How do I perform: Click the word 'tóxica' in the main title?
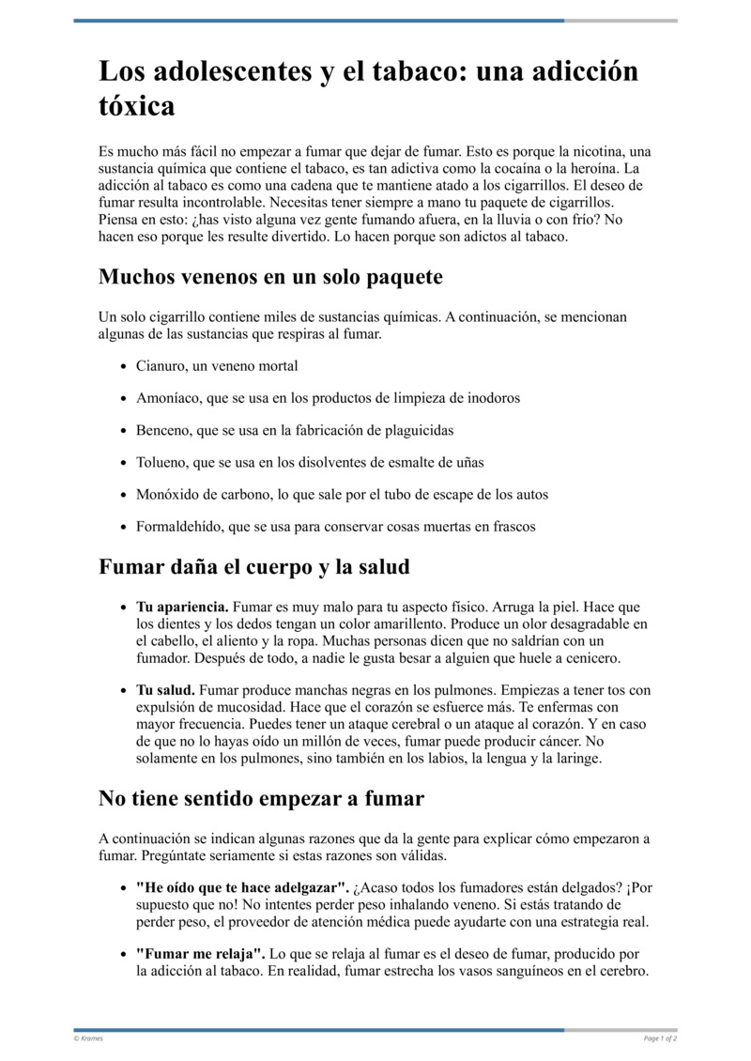click(136, 106)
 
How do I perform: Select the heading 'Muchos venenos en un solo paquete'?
click(270, 277)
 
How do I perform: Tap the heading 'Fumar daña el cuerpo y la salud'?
click(253, 567)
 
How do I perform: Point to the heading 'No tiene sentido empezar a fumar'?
click(261, 798)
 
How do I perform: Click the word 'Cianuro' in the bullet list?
click(161, 365)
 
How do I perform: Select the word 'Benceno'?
click(162, 430)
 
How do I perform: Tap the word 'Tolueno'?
click(161, 462)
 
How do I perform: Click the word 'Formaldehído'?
click(179, 527)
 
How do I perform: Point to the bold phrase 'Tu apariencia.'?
click(182, 607)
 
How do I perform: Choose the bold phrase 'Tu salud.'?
click(165, 690)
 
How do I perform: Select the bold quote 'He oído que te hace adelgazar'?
click(242, 887)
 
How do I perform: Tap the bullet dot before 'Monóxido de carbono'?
click(123, 495)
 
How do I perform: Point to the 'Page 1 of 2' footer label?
click(660, 1038)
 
